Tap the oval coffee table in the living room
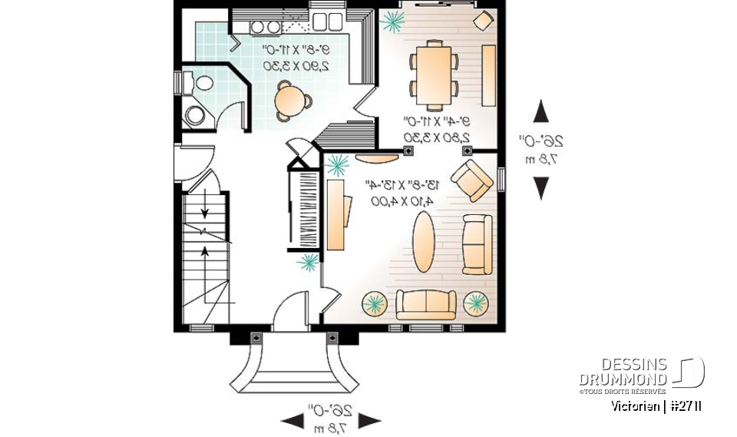pyautogui.click(x=425, y=242)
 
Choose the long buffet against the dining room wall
pyautogui.click(x=488, y=71)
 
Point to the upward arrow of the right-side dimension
pyautogui.click(x=541, y=111)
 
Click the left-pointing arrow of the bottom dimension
pyautogui.click(x=292, y=420)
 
